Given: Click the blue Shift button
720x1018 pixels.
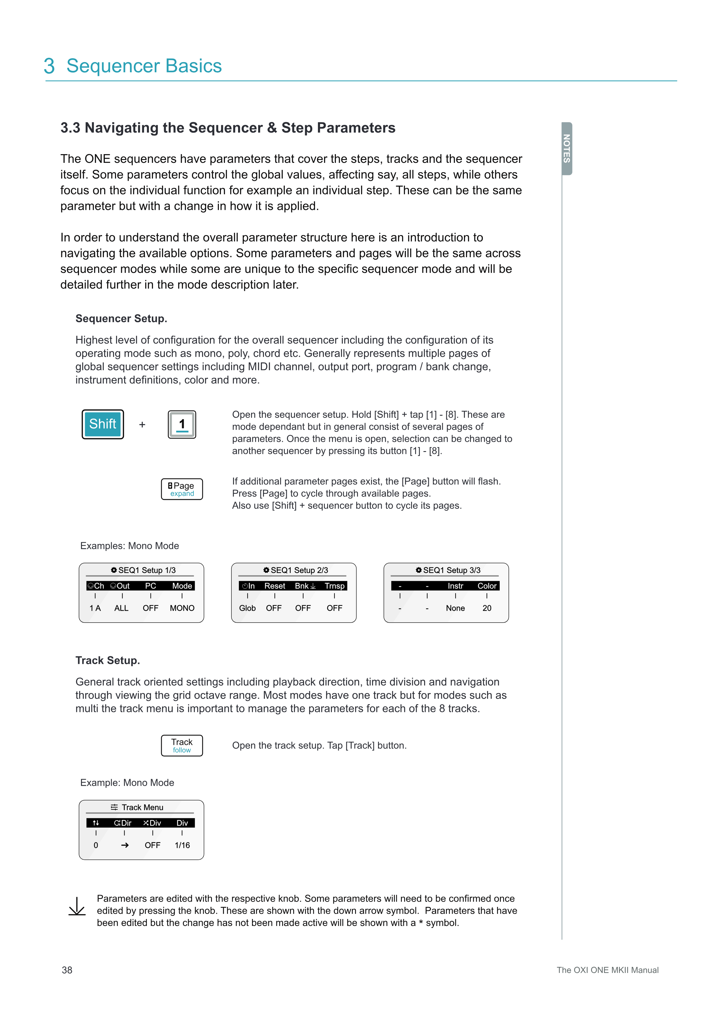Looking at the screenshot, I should click(102, 424).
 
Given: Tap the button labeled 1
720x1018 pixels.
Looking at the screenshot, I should click(182, 424).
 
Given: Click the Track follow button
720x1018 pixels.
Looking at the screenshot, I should click(182, 745).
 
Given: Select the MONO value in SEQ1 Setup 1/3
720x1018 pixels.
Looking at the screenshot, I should click(182, 608).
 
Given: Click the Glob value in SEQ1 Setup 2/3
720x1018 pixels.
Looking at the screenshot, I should click(247, 608).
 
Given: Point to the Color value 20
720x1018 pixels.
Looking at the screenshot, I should click(487, 608).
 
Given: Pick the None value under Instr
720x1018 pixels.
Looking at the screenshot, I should click(455, 608).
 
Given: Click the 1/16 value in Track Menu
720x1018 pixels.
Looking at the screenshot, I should click(182, 845).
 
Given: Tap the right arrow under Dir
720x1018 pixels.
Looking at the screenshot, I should click(125, 845).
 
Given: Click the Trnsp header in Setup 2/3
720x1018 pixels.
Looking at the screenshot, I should click(334, 586).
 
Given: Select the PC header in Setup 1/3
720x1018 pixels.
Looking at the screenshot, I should click(150, 586).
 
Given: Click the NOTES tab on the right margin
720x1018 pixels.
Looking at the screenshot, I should click(567, 149).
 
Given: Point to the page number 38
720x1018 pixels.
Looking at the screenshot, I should click(67, 970).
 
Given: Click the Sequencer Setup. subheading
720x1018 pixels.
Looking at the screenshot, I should click(121, 318).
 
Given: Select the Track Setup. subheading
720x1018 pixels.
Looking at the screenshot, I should click(108, 660).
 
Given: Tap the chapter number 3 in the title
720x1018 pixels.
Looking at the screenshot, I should click(49, 66).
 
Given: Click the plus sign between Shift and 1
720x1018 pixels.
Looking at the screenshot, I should click(142, 425).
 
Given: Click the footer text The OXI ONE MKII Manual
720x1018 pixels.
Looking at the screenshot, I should click(607, 970).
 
